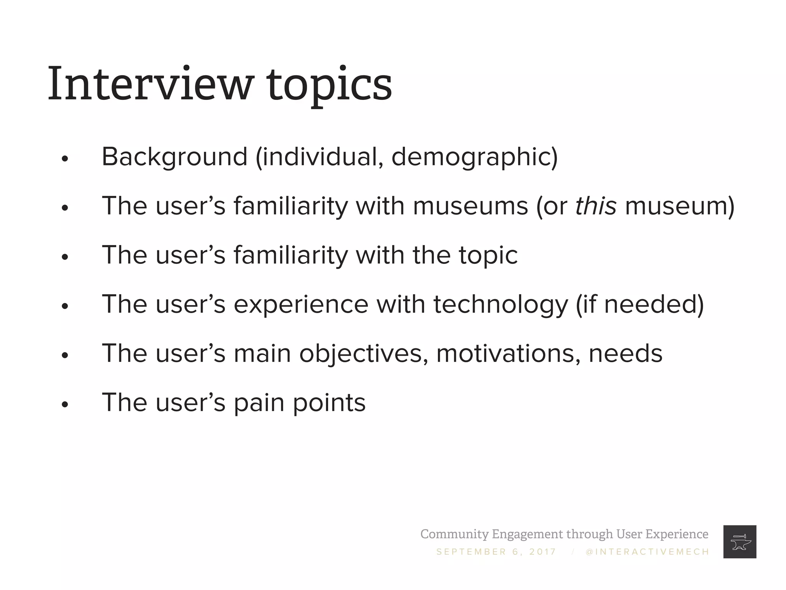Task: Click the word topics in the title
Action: (329, 85)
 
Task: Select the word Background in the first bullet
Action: (175, 157)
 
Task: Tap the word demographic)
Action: (474, 157)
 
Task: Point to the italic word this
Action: (596, 206)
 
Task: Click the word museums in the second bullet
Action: (471, 207)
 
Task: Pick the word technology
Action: (500, 305)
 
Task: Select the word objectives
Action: (363, 354)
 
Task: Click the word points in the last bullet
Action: (329, 403)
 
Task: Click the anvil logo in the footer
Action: (740, 542)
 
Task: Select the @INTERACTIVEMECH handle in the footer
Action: (647, 552)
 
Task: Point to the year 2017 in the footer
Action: (543, 552)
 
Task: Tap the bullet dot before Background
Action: (64, 159)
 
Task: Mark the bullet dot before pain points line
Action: (64, 404)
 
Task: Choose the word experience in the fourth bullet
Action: (301, 305)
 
